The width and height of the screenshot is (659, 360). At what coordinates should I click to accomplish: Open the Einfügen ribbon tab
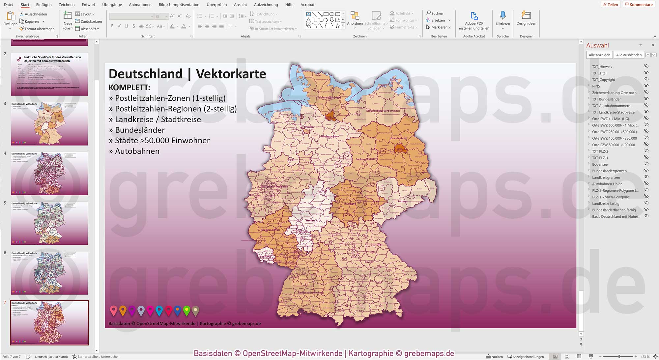click(44, 5)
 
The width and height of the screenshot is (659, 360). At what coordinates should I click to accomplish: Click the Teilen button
click(611, 5)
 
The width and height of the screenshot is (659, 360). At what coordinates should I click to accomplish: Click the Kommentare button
click(638, 5)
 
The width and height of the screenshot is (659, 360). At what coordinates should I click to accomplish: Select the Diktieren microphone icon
click(502, 16)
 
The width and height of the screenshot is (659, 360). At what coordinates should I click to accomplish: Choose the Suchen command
click(435, 14)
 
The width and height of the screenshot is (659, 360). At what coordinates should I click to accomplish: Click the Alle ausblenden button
click(629, 55)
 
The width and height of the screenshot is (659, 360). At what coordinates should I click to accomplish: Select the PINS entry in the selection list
click(596, 86)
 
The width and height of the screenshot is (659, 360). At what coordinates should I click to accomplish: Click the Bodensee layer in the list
click(600, 164)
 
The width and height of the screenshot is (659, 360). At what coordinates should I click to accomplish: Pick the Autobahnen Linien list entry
click(607, 184)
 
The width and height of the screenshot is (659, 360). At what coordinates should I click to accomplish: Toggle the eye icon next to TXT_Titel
click(646, 73)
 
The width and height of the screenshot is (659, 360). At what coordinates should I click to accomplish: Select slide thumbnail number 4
click(49, 173)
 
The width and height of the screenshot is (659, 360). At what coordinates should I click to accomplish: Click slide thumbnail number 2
click(49, 74)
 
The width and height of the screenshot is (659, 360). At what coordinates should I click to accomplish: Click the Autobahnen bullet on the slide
click(137, 151)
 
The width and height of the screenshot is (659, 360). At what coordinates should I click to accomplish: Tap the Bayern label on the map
click(369, 262)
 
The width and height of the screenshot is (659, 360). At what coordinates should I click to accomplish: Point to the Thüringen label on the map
click(350, 204)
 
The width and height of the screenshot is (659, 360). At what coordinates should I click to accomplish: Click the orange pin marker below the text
click(123, 310)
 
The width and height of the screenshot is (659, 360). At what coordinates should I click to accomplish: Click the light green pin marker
click(186, 310)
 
